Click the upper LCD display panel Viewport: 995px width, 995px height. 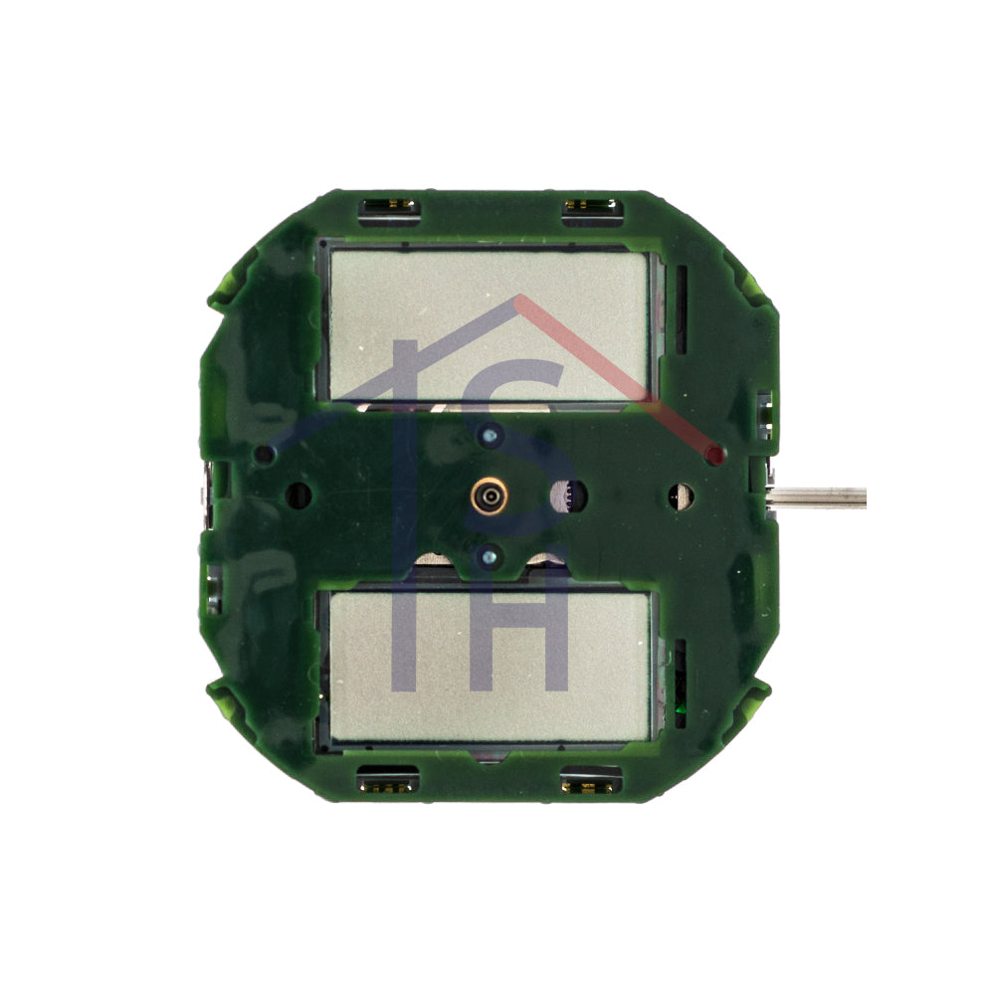490,325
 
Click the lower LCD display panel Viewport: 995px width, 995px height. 490,667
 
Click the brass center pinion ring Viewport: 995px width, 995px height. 490,497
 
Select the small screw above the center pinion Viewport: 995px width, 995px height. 489,436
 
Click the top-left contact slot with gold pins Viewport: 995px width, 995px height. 390,206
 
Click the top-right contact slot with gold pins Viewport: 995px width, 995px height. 591,206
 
